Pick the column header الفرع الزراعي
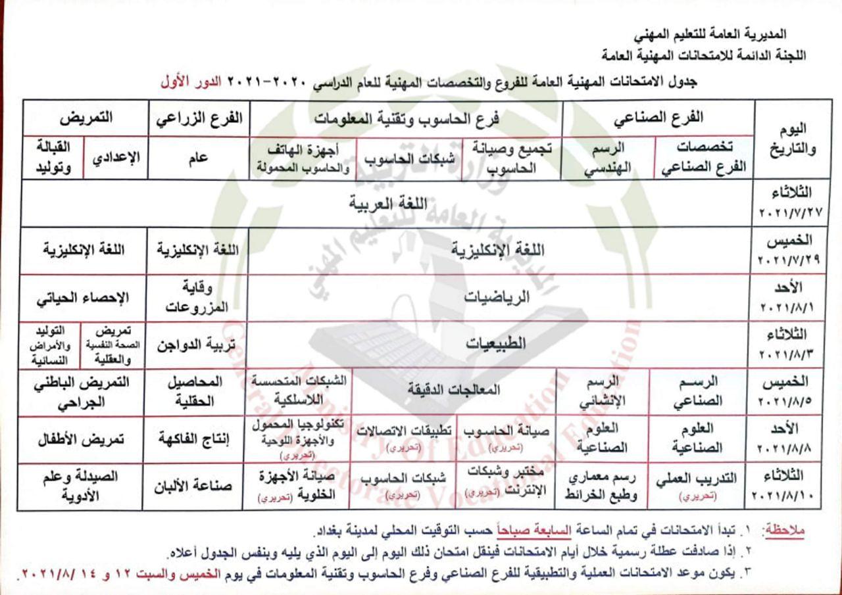click(199, 118)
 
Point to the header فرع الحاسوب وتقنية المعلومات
click(406, 119)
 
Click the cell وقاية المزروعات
click(199, 297)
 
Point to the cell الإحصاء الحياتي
click(82, 297)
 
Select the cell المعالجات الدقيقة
click(454, 390)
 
